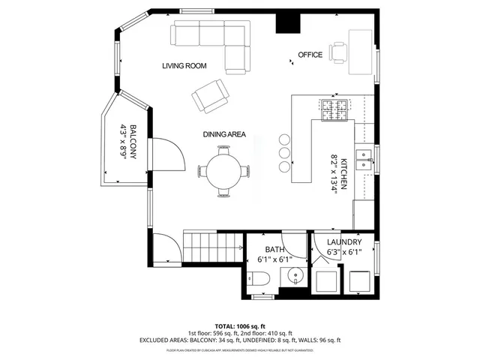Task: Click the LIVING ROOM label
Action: pos(184,66)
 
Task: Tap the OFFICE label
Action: pos(310,55)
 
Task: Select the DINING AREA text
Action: pos(224,134)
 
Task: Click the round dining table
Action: pos(224,169)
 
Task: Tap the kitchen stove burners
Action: pos(334,111)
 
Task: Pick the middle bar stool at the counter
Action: pos(284,152)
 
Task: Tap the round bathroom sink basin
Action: pos(295,275)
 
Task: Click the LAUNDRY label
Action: pos(345,242)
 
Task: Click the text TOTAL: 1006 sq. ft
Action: pos(239,325)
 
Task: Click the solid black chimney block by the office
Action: pos(286,22)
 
